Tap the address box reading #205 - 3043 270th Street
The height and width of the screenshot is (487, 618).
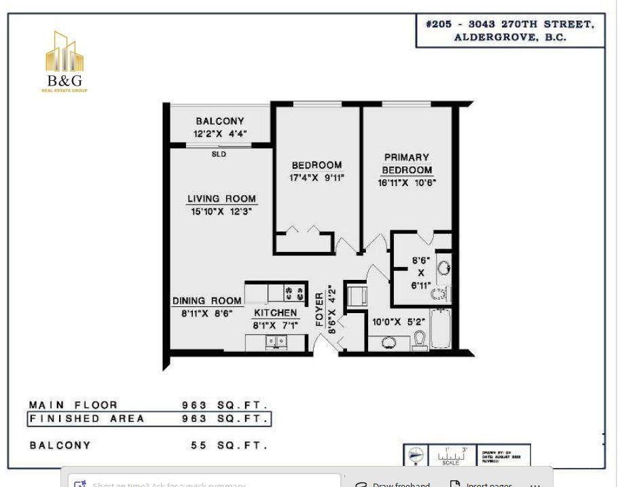510,31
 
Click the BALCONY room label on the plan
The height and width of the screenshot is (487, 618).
220,121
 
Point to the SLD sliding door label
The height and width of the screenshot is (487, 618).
219,154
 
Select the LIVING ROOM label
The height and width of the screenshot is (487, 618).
221,199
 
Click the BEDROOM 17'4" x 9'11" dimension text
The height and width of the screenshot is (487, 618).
316,178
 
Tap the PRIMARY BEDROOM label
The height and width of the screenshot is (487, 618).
406,164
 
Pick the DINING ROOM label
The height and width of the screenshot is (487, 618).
206,301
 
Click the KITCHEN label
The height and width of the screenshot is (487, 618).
275,312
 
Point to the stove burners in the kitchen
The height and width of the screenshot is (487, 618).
295,292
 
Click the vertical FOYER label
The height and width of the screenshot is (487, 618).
320,310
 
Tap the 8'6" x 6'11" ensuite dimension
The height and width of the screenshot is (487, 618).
421,272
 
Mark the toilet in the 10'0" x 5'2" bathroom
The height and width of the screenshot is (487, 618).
420,339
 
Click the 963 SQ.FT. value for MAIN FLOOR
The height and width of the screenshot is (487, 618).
225,405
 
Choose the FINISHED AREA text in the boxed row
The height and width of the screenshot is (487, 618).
87,418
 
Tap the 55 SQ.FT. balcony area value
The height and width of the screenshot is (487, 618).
230,446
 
